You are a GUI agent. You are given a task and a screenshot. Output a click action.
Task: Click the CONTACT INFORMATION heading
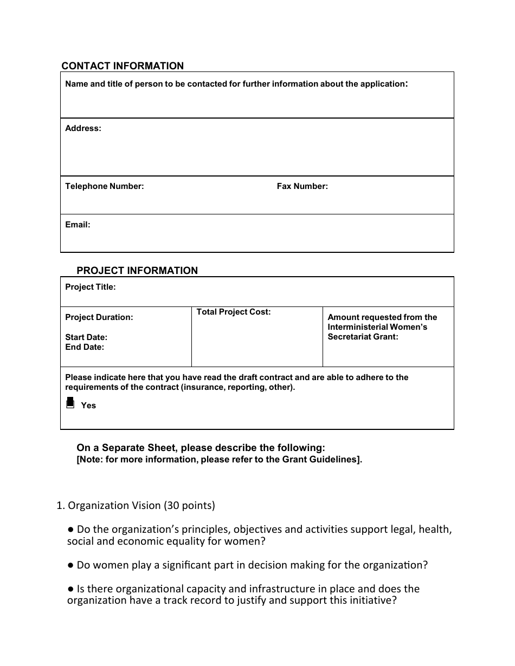tap(123, 66)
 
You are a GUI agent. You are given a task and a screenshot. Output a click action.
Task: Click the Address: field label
tap(83, 129)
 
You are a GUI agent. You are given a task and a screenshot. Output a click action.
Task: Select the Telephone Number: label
tap(104, 186)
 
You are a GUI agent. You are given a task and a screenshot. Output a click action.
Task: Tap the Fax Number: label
tap(302, 186)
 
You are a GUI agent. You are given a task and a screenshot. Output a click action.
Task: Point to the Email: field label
tap(78, 225)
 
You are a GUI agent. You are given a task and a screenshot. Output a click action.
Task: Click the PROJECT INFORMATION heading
tap(137, 271)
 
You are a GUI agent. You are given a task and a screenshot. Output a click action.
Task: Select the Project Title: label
tap(90, 287)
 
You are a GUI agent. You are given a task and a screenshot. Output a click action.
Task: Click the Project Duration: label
tap(99, 317)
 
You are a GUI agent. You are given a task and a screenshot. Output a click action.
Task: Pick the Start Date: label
tap(86, 337)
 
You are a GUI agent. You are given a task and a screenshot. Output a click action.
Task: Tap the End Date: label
tap(85, 347)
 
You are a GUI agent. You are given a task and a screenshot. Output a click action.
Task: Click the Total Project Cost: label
tap(233, 312)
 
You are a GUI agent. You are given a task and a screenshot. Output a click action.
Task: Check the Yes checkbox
tap(70, 403)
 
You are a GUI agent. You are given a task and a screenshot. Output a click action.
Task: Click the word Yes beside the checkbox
tap(88, 406)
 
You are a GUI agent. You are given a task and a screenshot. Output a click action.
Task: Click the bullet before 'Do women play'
tap(70, 565)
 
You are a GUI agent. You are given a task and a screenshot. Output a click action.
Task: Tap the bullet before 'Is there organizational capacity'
tap(70, 589)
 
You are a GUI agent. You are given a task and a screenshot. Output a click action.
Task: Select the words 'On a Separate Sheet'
tap(127, 448)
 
